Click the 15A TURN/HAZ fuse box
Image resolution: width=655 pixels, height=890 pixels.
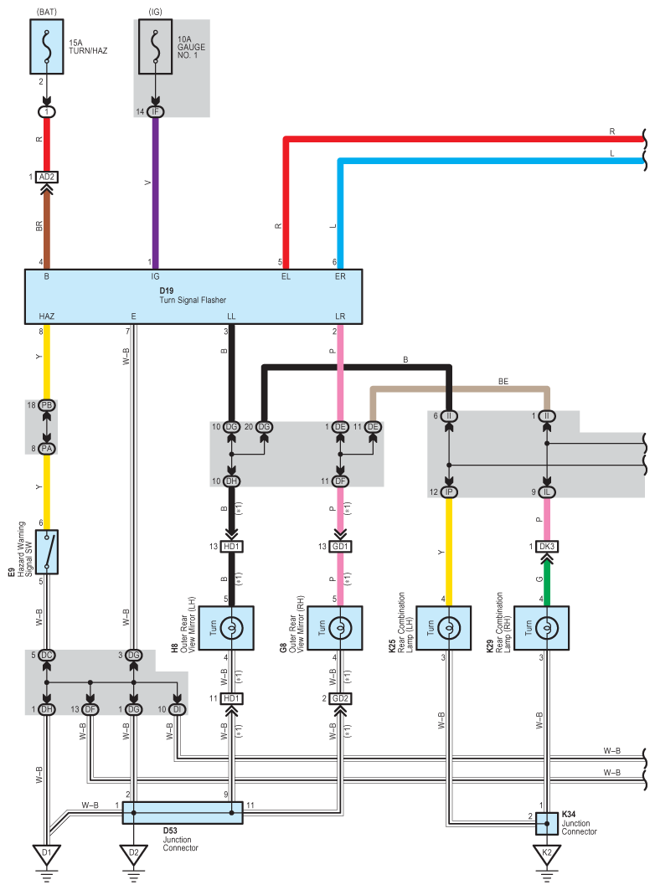click(47, 47)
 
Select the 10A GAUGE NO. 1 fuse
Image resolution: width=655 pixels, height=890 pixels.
click(155, 47)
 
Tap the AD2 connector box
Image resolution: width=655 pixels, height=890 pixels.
click(47, 177)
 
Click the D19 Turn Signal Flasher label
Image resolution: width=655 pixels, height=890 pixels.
click(193, 296)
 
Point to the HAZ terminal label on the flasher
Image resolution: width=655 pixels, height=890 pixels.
click(47, 316)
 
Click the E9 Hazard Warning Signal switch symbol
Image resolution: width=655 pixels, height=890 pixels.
click(47, 553)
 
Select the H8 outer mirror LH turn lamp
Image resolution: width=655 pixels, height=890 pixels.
click(231, 628)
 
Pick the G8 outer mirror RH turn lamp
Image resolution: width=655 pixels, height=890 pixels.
click(340, 628)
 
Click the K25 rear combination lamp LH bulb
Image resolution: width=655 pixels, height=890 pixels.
click(448, 628)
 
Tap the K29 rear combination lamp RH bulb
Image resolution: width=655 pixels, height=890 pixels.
click(547, 628)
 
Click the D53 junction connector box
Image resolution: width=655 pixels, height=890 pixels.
click(183, 812)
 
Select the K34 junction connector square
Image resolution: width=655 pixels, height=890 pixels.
click(547, 824)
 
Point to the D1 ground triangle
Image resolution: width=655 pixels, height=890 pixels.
click(47, 854)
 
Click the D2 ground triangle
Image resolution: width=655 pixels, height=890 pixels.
click(133, 854)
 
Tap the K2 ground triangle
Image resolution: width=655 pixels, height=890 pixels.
click(547, 854)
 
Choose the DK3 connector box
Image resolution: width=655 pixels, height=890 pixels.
click(547, 547)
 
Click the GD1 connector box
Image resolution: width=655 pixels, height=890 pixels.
click(340, 547)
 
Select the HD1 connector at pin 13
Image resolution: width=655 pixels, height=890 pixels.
click(231, 547)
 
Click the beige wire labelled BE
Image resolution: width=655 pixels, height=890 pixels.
click(460, 389)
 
